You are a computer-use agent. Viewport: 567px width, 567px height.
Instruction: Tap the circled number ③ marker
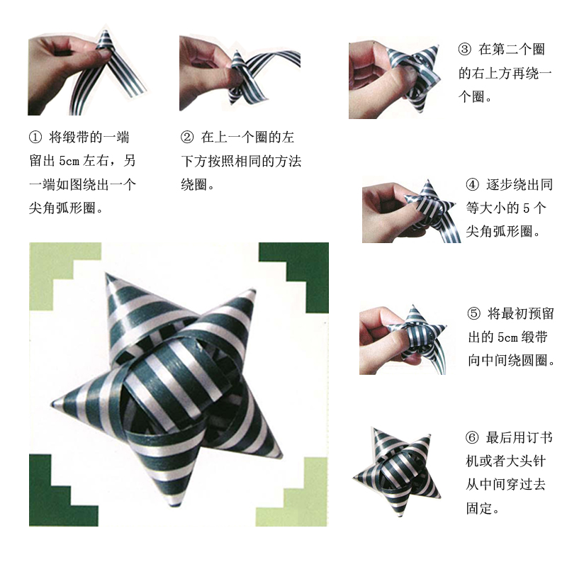click(x=465, y=50)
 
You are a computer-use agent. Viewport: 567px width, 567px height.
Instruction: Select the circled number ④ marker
click(x=473, y=186)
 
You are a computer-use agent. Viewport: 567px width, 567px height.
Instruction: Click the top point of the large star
click(x=108, y=276)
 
